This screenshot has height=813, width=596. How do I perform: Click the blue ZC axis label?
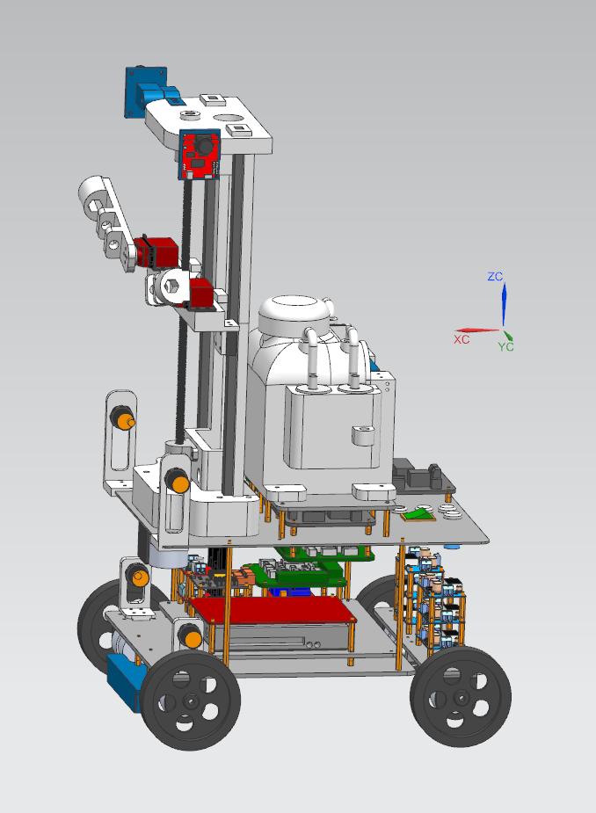pyautogui.click(x=495, y=276)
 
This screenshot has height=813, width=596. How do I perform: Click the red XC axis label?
pyautogui.click(x=462, y=339)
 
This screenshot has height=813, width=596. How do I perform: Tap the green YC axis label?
pyautogui.click(x=506, y=346)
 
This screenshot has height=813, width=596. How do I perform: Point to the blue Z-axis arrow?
pyautogui.click(x=504, y=304)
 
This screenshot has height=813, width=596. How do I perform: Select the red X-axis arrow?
pyautogui.click(x=477, y=330)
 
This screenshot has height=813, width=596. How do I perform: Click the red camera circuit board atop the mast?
pyautogui.click(x=200, y=154)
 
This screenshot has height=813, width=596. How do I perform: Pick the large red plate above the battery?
pyautogui.click(x=273, y=609)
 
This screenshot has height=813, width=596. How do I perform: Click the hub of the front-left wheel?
pyautogui.click(x=191, y=702)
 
